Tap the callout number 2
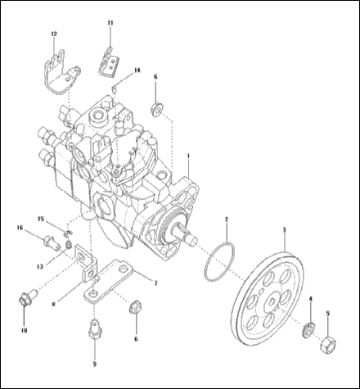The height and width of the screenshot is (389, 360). point(227,218)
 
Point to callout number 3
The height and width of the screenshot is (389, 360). point(283,230)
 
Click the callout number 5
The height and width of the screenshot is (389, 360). point(328,312)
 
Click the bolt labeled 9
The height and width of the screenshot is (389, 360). point(92,335)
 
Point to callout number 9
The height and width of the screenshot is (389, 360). point(93,363)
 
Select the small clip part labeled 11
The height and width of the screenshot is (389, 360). point(108,62)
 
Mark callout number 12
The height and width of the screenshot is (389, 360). point(54,34)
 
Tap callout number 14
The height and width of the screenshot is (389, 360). point(137,70)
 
